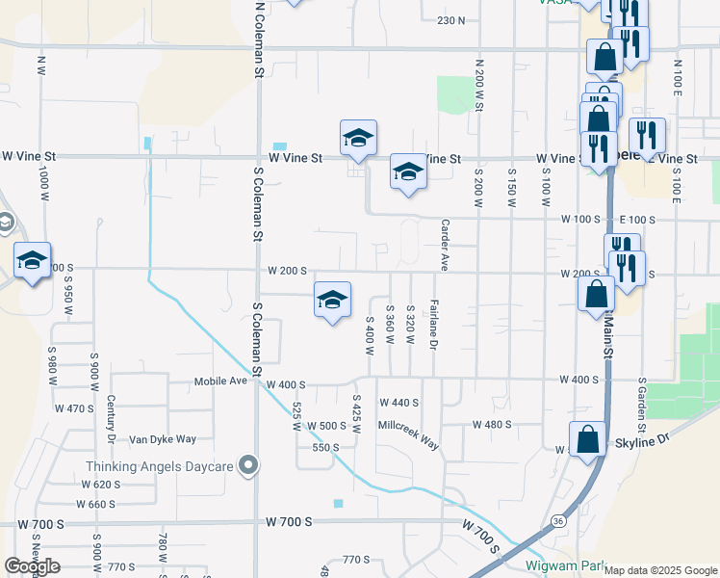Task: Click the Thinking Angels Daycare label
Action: tap(160, 466)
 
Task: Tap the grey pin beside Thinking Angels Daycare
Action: tap(249, 466)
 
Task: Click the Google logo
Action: tap(32, 566)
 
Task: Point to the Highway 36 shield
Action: tap(558, 521)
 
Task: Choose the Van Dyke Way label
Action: tap(163, 439)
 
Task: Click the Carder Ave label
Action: tap(445, 246)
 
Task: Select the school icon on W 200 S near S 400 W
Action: tap(332, 301)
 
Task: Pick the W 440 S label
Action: tap(399, 403)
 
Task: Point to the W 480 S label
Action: tap(491, 425)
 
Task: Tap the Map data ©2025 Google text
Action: tap(660, 570)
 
